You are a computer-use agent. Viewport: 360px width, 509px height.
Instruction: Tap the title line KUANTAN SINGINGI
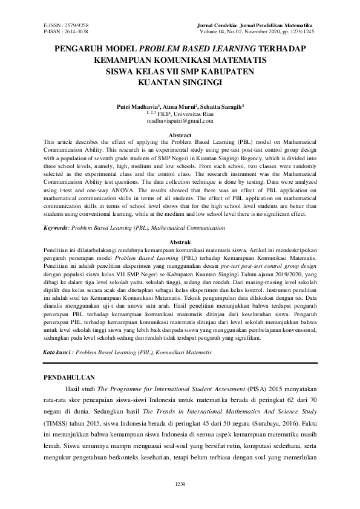(180, 82)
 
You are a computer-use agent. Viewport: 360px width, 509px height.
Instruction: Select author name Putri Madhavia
(135, 106)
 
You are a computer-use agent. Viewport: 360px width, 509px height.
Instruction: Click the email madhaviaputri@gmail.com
(180, 120)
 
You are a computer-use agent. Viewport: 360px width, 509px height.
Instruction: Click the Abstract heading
(180, 134)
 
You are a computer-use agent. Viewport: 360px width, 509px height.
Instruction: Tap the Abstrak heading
(180, 241)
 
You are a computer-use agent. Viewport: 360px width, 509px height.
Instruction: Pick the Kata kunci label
(59, 351)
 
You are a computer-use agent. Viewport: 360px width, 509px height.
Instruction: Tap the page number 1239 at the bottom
(180, 484)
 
